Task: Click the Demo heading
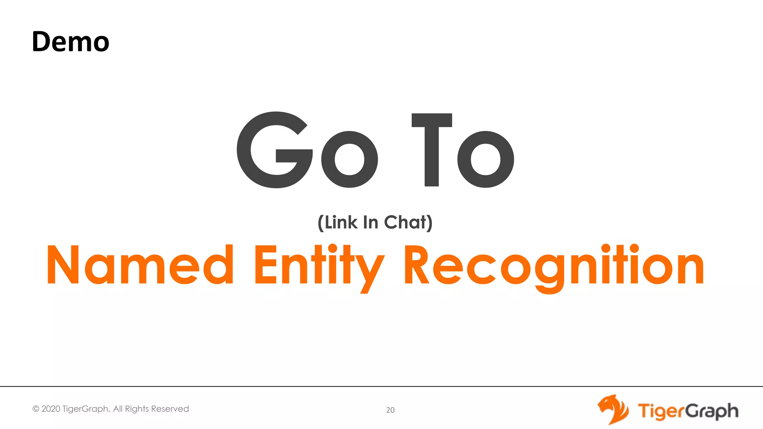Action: pos(70,41)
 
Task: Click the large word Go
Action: pos(307,150)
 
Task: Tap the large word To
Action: pos(463,150)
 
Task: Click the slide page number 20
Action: pos(390,410)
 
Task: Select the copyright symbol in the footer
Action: pos(36,409)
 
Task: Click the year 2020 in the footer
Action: pos(51,409)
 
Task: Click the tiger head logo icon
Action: pos(613,410)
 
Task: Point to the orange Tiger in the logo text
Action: pos(661,411)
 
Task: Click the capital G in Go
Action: pos(275,150)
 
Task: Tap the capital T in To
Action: pos(432,150)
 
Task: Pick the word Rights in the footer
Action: pos(137,409)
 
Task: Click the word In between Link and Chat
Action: pos(370,222)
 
